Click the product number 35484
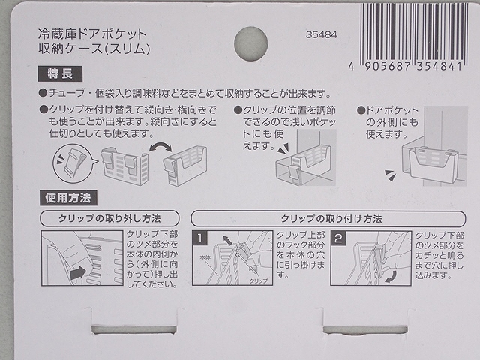pyautogui.click(x=322, y=34)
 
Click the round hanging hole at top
pyautogui.click(x=250, y=43)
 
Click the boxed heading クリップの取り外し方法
pyautogui.click(x=109, y=219)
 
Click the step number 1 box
pyautogui.click(x=200, y=239)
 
